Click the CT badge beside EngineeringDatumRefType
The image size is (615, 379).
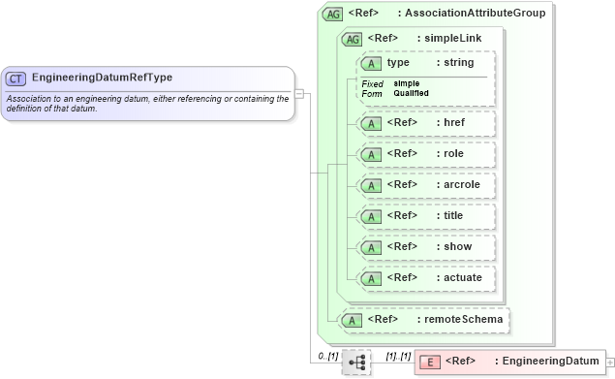pyautogui.click(x=16, y=78)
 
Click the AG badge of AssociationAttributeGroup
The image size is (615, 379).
pyautogui.click(x=333, y=14)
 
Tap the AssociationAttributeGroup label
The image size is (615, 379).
pyautogui.click(x=475, y=14)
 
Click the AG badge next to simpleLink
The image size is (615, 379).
pyautogui.click(x=352, y=39)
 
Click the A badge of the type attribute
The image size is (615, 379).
pyautogui.click(x=370, y=63)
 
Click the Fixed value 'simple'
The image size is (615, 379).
pyautogui.click(x=407, y=83)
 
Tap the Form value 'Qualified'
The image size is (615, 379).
pyautogui.click(x=412, y=93)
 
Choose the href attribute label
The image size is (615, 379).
pyautogui.click(x=451, y=123)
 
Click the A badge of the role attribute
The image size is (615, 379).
pyautogui.click(x=370, y=154)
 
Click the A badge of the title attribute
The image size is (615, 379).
pyautogui.click(x=370, y=216)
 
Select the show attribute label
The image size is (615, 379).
pyautogui.click(x=455, y=247)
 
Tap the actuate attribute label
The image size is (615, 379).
pyautogui.click(x=459, y=278)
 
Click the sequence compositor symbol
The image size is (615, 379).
pyautogui.click(x=356, y=362)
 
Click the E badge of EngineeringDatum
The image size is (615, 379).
pyautogui.click(x=432, y=362)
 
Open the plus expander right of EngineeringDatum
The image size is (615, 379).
pyautogui.click(x=609, y=363)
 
